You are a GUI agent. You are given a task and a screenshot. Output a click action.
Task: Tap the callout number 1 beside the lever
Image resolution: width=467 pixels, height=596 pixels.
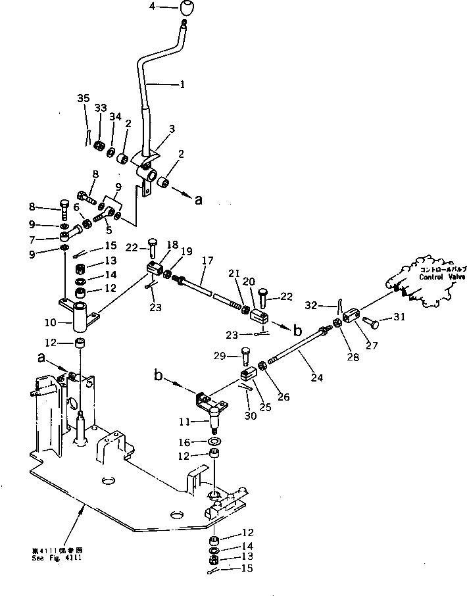pos(182,84)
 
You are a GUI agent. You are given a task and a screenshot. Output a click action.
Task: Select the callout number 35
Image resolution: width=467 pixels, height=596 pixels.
pos(83,98)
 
